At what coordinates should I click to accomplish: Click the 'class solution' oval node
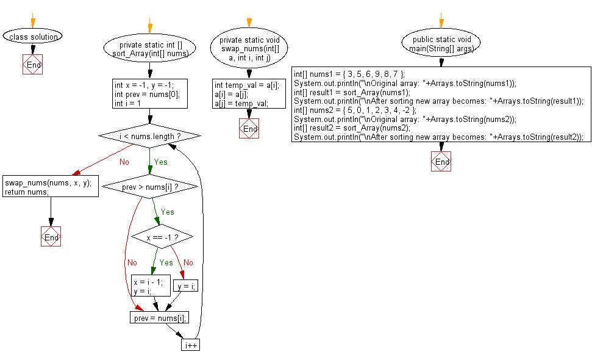click(33, 37)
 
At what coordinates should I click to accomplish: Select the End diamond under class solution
click(33, 64)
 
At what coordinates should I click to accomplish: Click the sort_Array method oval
click(150, 49)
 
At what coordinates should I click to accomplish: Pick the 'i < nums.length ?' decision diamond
click(149, 135)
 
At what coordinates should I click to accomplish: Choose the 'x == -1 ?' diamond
click(162, 236)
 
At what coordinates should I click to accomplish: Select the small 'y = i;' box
click(186, 286)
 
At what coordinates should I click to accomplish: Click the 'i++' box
click(190, 345)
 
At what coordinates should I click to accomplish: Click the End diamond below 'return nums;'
click(51, 237)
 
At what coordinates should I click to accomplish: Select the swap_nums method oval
click(249, 49)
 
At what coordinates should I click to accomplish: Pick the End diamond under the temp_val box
click(249, 129)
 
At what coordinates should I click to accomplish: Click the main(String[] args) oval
click(441, 44)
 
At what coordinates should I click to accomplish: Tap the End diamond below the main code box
click(441, 162)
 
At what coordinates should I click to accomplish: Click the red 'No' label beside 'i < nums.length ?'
click(124, 162)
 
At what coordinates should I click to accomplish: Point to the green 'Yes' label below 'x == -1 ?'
click(166, 262)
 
